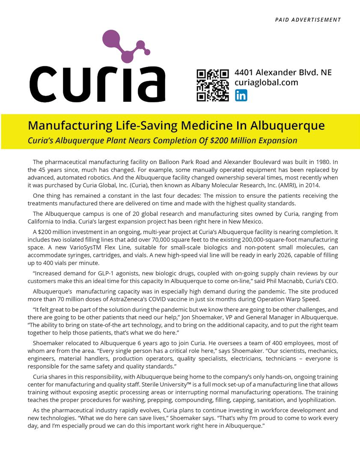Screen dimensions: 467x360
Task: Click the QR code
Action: [212, 85]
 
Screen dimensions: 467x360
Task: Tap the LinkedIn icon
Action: [241, 95]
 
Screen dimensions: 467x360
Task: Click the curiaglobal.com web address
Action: [266, 83]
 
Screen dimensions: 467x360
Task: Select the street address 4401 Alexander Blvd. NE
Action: [283, 72]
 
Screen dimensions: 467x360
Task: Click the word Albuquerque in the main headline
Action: [287, 126]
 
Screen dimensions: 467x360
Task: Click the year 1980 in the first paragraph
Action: [324, 162]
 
